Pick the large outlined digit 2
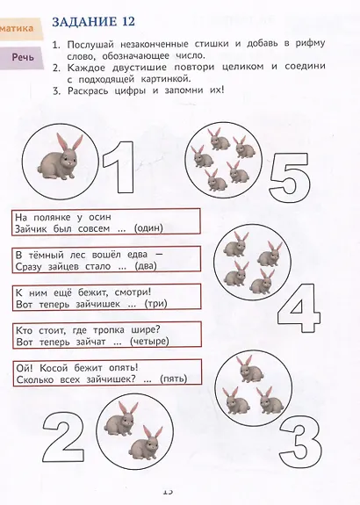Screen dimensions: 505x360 coord(63,437)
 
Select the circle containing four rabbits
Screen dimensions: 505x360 coord(248,262)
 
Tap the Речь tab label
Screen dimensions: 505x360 coord(23,58)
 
